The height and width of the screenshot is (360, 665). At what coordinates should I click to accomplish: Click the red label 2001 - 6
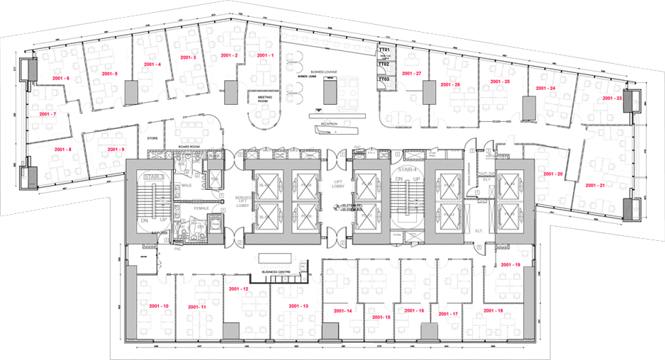[x=58, y=77]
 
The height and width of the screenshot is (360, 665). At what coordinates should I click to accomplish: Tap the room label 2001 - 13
[x=295, y=305]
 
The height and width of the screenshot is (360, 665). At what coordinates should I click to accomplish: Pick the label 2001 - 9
[x=116, y=150]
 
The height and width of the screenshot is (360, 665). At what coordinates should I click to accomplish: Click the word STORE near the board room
[x=151, y=139]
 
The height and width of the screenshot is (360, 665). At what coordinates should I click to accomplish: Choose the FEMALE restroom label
[x=201, y=208]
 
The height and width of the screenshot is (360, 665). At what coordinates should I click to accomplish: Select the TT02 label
[x=384, y=64]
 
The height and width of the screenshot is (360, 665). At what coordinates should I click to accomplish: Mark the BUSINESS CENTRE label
[x=277, y=271]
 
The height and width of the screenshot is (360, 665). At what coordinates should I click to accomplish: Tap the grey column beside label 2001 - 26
[x=428, y=92]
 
